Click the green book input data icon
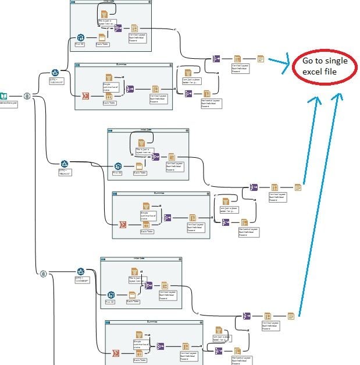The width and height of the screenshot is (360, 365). tap(3, 96)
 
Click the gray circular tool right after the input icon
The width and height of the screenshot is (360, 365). tap(26, 95)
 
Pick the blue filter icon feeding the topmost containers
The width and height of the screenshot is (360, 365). tap(55, 72)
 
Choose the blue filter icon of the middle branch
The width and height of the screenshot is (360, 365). tap(65, 165)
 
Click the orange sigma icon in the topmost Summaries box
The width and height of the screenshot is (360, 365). tap(85, 96)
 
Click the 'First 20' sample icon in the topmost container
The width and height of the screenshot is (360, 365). tap(81, 38)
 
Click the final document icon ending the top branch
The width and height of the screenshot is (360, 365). tap(261, 58)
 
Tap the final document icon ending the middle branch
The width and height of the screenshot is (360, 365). tap(298, 187)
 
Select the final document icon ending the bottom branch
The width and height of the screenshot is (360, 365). tap(291, 316)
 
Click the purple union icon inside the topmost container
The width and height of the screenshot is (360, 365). tap(118, 28)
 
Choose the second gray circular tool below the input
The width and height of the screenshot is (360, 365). tap(42, 274)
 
